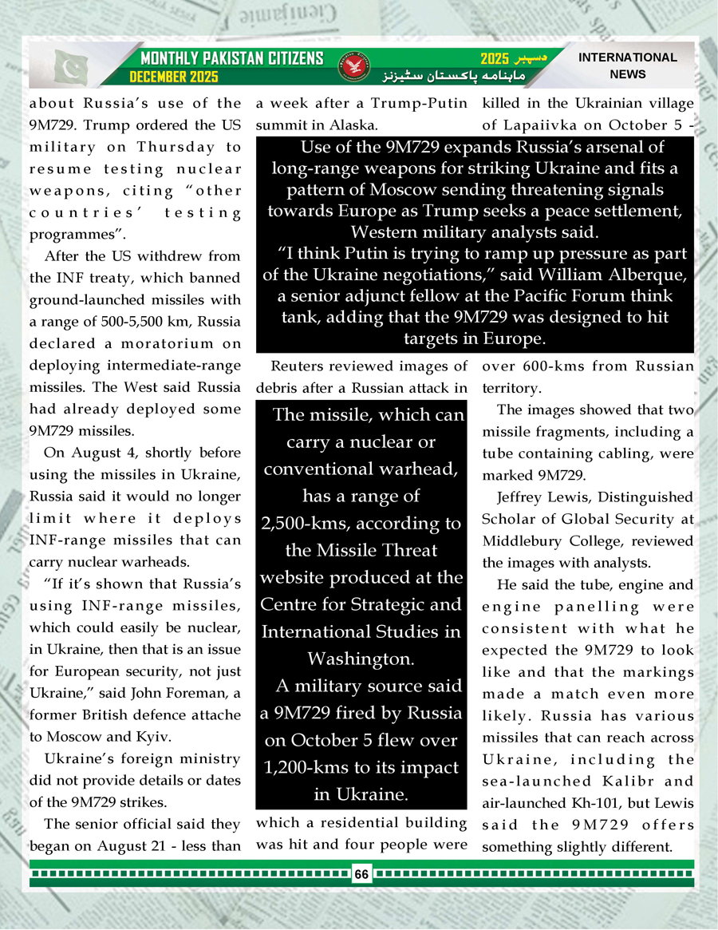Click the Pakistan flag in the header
click(71, 67)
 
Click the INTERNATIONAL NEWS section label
click(627, 66)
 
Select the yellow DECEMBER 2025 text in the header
click(175, 77)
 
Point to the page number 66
click(361, 874)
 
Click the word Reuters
click(297, 366)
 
